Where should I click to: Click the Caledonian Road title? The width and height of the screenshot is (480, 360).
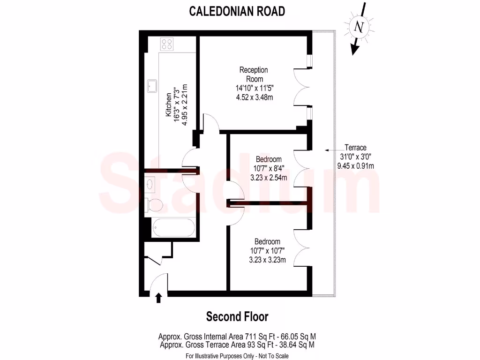pyautogui.click(x=237, y=11)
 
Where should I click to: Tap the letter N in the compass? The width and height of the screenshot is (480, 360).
pyautogui.click(x=360, y=27)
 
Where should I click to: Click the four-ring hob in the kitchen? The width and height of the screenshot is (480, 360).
pyautogui.click(x=166, y=45)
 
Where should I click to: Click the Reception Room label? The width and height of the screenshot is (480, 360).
pyautogui.click(x=254, y=74)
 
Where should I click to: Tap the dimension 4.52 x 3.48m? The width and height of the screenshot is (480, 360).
pyautogui.click(x=254, y=97)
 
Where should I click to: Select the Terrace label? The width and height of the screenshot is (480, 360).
pyautogui.click(x=355, y=147)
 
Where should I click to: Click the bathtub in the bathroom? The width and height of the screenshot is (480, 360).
pyautogui.click(x=172, y=228)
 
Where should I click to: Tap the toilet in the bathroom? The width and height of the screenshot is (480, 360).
pyautogui.click(x=155, y=204)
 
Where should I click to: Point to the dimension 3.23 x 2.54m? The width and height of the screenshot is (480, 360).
pyautogui.click(x=268, y=178)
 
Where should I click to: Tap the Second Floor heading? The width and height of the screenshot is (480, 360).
pyautogui.click(x=237, y=317)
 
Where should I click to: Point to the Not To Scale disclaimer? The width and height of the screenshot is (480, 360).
pyautogui.click(x=272, y=356)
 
